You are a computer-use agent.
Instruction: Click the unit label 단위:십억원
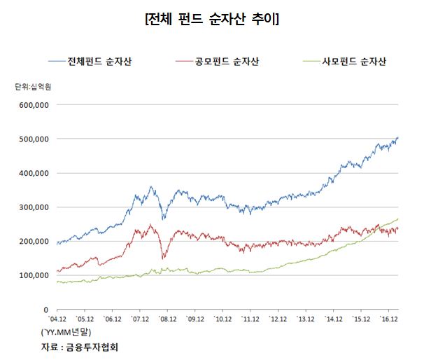(37, 87)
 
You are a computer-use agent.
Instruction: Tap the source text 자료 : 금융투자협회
(81, 346)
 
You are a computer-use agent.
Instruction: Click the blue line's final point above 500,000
(398, 138)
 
